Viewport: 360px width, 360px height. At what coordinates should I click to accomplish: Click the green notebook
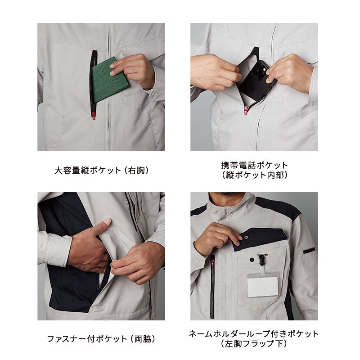tap(110, 80)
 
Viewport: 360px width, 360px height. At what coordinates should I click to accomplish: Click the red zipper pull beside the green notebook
tap(94, 116)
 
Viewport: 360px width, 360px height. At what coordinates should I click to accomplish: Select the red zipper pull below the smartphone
tap(246, 110)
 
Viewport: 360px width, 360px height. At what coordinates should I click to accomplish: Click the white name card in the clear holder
tap(263, 286)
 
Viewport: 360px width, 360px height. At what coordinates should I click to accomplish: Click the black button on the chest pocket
tap(252, 260)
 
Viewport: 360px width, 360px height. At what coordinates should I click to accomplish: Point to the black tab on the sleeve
tap(309, 251)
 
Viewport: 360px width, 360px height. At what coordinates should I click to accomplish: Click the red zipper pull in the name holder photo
tap(212, 262)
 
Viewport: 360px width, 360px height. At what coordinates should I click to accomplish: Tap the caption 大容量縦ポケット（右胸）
tap(101, 171)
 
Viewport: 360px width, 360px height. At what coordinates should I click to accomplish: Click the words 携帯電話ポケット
tap(254, 165)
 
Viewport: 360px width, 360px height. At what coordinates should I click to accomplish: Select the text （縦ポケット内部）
tap(254, 175)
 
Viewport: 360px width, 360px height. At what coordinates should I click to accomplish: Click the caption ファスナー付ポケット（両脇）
tap(101, 339)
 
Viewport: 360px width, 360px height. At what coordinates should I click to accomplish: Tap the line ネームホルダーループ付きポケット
tap(254, 334)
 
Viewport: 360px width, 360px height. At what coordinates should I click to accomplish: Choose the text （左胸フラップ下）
tap(254, 344)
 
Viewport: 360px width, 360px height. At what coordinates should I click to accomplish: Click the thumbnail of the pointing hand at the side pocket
tap(101, 256)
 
